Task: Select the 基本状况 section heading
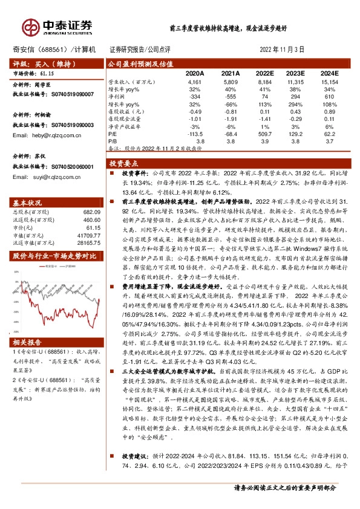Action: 28,202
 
